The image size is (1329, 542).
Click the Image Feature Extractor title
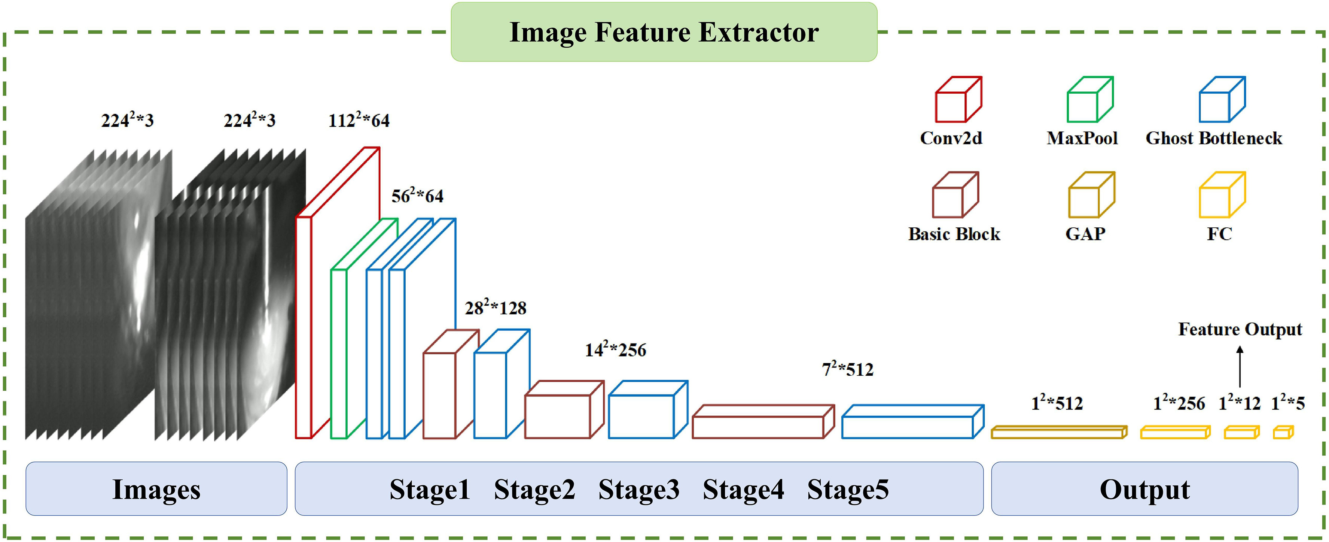coord(664,32)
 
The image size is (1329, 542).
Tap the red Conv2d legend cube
coord(958,100)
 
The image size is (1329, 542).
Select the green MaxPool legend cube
coord(1089,100)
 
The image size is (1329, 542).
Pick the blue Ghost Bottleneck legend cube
coord(1222,100)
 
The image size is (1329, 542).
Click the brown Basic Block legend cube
coord(955,195)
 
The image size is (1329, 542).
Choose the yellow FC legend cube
coord(1222,195)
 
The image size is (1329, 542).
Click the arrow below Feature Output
coord(1240,366)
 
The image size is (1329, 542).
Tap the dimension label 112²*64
coord(359,120)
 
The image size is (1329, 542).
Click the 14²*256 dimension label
coord(616,349)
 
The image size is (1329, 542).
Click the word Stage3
coord(639,489)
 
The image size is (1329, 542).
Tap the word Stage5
coord(848,489)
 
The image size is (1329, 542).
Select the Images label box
coord(156,489)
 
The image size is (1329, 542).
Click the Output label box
coord(1144,489)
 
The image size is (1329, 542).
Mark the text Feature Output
coord(1240,329)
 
